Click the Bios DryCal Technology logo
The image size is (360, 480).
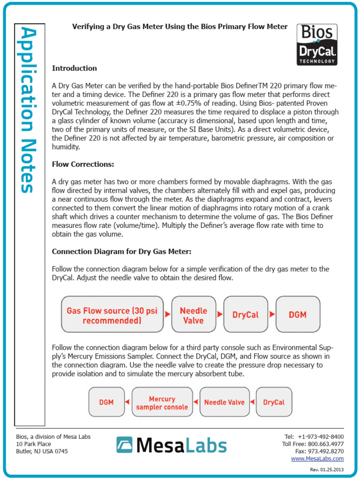pos(317,45)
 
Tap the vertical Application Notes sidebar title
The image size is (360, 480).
pos(29,110)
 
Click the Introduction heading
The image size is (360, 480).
pos(74,68)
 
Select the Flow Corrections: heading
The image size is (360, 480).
pos(82,165)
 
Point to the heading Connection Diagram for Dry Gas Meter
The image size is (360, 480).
pos(121,252)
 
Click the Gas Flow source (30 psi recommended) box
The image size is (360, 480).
pos(112,315)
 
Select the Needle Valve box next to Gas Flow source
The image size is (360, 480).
pos(193,315)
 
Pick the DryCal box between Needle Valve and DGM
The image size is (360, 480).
pos(245,315)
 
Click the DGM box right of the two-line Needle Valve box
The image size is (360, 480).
pos(297,315)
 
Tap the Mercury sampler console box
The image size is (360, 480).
pos(162,402)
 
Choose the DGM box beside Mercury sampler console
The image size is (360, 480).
pos(106,402)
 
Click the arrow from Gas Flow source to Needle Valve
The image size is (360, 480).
pos(168,315)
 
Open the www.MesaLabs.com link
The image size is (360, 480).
pos(317,458)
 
